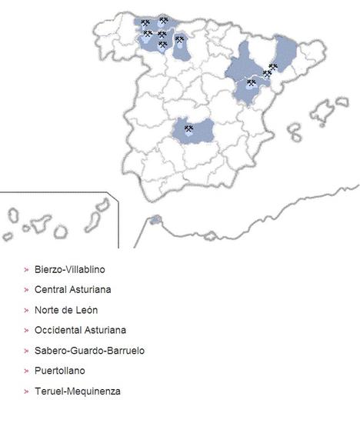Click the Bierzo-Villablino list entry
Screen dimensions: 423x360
(x=69, y=270)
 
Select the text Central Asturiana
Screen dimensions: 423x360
(x=68, y=290)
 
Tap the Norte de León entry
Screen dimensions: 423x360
(x=65, y=310)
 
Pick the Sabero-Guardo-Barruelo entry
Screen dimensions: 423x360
(x=89, y=351)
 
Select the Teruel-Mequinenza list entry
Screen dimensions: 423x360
(x=77, y=391)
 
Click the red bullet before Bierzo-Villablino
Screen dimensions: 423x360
(x=26, y=270)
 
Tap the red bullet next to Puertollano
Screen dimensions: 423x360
(x=26, y=371)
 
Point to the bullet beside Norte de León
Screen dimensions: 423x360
(x=26, y=310)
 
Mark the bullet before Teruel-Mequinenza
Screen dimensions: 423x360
(x=26, y=391)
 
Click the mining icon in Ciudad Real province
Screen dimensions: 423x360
(x=188, y=129)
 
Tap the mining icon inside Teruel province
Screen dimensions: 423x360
(x=251, y=82)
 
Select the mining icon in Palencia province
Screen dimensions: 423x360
(x=179, y=39)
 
